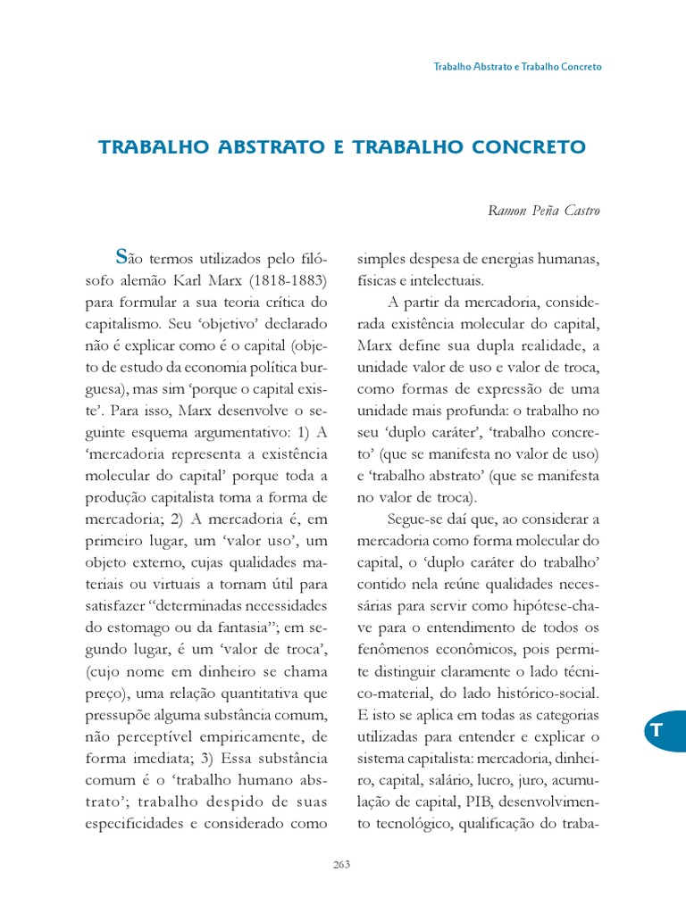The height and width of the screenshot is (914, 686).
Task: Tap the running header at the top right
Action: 517,67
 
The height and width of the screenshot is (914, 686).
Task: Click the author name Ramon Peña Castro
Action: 543,211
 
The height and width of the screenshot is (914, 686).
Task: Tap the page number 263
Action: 343,864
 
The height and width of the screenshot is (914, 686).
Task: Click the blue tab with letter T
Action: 659,731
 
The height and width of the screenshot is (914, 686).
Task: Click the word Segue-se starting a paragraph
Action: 415,518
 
